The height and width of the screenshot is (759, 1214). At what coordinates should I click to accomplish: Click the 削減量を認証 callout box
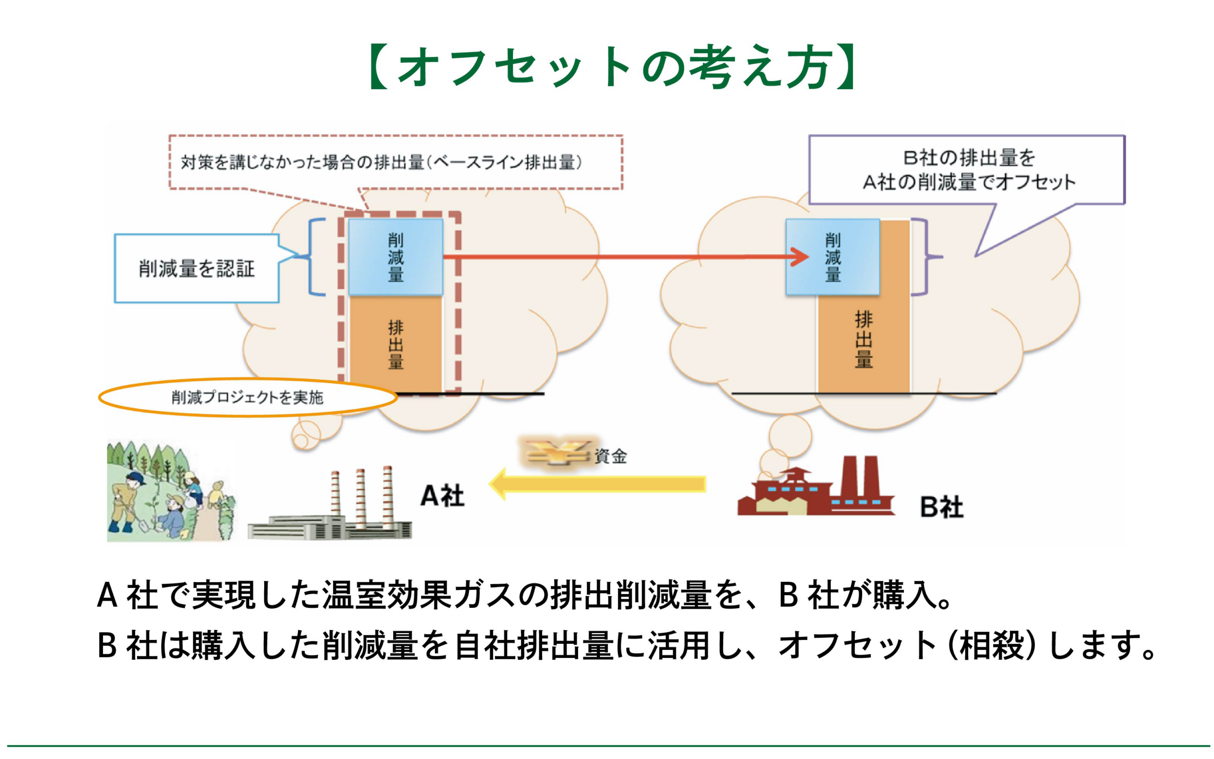click(x=196, y=268)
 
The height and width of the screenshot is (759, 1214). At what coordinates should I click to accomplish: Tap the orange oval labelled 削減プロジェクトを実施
click(x=247, y=398)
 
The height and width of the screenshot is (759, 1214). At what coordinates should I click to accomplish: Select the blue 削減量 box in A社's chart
click(x=395, y=257)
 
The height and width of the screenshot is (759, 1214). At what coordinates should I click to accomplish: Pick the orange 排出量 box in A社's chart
click(x=395, y=344)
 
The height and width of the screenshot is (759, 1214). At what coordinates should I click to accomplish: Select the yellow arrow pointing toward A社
click(x=598, y=484)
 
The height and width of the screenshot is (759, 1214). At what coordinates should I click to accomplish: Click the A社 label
click(x=442, y=496)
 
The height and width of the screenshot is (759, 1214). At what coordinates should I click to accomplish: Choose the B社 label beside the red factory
click(x=941, y=507)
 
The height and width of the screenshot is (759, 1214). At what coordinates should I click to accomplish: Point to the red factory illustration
click(x=816, y=489)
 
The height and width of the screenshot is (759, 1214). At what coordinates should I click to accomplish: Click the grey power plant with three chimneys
click(x=331, y=512)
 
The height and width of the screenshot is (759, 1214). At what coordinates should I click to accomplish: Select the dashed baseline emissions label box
click(x=395, y=162)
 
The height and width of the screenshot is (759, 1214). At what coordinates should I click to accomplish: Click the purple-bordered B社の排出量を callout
click(x=966, y=170)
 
